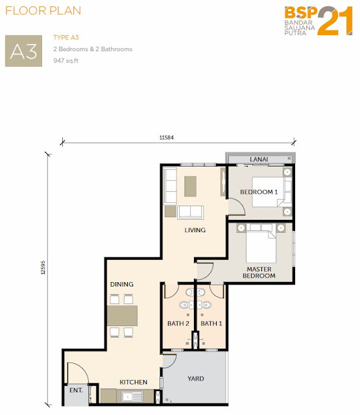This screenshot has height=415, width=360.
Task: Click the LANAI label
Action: tap(259, 160)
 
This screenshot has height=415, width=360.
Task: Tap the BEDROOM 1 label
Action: tap(259, 192)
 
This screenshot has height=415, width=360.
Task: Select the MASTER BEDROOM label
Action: tap(259, 272)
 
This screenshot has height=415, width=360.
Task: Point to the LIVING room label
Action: tap(195, 230)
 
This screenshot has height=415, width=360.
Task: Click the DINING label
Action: tap(122, 284)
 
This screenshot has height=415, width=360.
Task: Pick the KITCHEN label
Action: tap(134, 382)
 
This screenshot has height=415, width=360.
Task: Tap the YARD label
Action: tap(196, 379)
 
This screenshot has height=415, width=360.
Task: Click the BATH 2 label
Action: tap(178, 324)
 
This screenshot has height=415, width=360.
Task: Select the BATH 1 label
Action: tap(211, 324)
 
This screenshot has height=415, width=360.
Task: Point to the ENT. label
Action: tap(77, 390)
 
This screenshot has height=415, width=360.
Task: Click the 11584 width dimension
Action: tap(167, 137)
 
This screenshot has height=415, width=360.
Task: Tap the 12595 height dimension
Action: tap(43, 268)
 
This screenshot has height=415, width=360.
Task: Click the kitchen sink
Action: tap(132, 396)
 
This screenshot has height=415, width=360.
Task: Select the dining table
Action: tap(123, 316)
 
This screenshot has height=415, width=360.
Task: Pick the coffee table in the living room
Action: tap(190, 186)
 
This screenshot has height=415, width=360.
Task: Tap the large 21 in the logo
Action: tap(335, 21)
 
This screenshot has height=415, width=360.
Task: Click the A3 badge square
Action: tap(23, 51)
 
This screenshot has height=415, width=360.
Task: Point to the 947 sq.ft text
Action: tap(66, 60)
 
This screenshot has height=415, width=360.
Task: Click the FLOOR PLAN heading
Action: tap(43, 11)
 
